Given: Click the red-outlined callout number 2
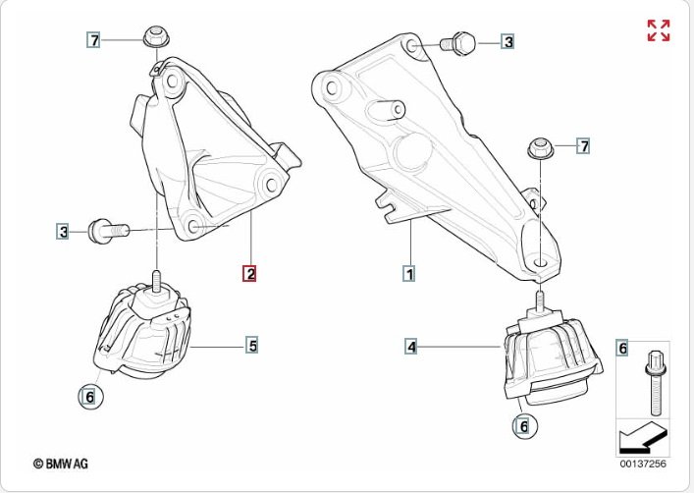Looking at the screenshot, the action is (249, 274).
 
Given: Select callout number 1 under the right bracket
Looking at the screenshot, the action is (409, 273).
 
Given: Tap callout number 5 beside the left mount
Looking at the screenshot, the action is (252, 345).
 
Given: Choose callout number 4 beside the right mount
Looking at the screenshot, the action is (411, 347).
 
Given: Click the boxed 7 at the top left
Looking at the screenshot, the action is (94, 40).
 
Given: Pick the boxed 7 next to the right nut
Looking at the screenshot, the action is (584, 145).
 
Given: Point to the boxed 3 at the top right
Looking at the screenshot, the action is (508, 41).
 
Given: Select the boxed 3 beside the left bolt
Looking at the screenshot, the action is (64, 232).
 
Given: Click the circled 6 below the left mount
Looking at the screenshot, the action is (90, 397).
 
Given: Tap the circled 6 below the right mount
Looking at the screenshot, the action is (524, 426).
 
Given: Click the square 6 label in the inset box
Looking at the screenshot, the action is (623, 349).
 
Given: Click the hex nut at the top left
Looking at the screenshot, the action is (156, 36).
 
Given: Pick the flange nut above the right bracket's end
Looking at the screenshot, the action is (541, 149).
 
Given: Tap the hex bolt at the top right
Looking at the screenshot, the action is (457, 43).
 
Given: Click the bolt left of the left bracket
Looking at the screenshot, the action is (108, 231).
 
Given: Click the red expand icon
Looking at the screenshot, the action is (659, 30).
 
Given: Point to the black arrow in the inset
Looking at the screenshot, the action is (642, 439).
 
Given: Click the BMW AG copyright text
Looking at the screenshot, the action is (61, 464).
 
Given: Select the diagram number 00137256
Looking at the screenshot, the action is (643, 464).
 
